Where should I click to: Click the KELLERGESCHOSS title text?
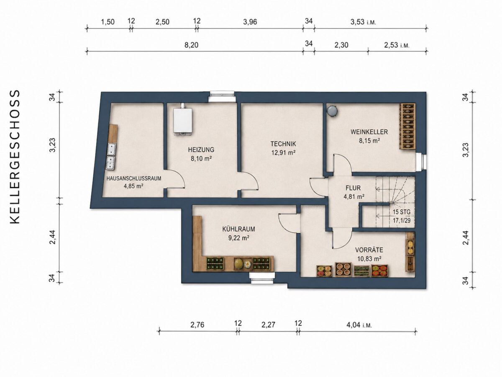[15, 157]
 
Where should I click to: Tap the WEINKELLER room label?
[369, 132]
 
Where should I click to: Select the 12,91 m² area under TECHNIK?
[283, 152]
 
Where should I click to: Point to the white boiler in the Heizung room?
[182, 121]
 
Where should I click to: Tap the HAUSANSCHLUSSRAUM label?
[134, 178]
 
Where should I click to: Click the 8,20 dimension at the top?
[192, 45]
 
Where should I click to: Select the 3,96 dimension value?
[250, 22]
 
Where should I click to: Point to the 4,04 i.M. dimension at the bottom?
[359, 325]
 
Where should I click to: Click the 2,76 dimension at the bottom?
[197, 325]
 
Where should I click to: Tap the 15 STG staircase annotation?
[401, 212]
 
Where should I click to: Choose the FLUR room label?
[353, 188]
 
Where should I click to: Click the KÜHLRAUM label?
[238, 229]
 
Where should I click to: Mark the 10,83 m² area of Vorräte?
[369, 259]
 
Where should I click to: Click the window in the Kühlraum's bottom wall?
[263, 278]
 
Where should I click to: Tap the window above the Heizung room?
[222, 96]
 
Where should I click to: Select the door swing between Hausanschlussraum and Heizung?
[176, 179]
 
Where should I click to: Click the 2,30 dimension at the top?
[341, 45]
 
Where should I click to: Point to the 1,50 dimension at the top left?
[108, 22]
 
